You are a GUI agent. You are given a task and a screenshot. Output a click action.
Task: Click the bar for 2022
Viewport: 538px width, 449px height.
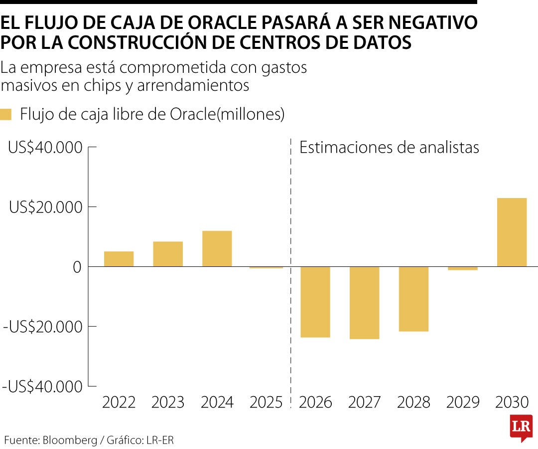[119, 259]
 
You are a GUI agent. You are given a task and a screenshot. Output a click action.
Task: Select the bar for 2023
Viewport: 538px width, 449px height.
[168, 254]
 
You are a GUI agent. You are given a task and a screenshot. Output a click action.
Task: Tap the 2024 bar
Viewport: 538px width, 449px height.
[217, 248]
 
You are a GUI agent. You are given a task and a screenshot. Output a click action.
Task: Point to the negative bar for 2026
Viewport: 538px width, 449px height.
[315, 302]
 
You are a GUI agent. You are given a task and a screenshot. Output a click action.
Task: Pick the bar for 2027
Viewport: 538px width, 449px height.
[364, 303]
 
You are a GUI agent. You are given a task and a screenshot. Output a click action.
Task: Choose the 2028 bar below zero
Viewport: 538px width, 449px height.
[413, 299]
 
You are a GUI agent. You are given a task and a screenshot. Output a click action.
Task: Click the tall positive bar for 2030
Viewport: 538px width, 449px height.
[512, 232]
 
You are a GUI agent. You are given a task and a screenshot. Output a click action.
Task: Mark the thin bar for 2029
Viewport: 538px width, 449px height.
[463, 268]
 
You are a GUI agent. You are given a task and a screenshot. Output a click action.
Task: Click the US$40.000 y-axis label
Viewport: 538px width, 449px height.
[45, 148]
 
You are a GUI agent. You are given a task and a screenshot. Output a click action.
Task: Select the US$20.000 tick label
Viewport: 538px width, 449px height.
[45, 207]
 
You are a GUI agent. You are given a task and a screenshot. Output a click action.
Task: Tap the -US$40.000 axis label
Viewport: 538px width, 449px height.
[42, 386]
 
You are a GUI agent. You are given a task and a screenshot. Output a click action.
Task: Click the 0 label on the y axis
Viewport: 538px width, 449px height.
[77, 267]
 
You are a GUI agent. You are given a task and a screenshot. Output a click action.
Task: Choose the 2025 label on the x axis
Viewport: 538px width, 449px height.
[267, 402]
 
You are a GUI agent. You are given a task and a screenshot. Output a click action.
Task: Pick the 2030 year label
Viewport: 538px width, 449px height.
[512, 402]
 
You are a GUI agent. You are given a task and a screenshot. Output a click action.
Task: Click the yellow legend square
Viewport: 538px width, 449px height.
[6, 114]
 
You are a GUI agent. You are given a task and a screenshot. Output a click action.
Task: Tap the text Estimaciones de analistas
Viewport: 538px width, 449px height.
[389, 148]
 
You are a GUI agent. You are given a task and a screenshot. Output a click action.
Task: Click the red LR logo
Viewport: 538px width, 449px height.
[521, 428]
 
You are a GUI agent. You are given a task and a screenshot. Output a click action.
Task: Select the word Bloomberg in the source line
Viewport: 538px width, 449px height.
[70, 441]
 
